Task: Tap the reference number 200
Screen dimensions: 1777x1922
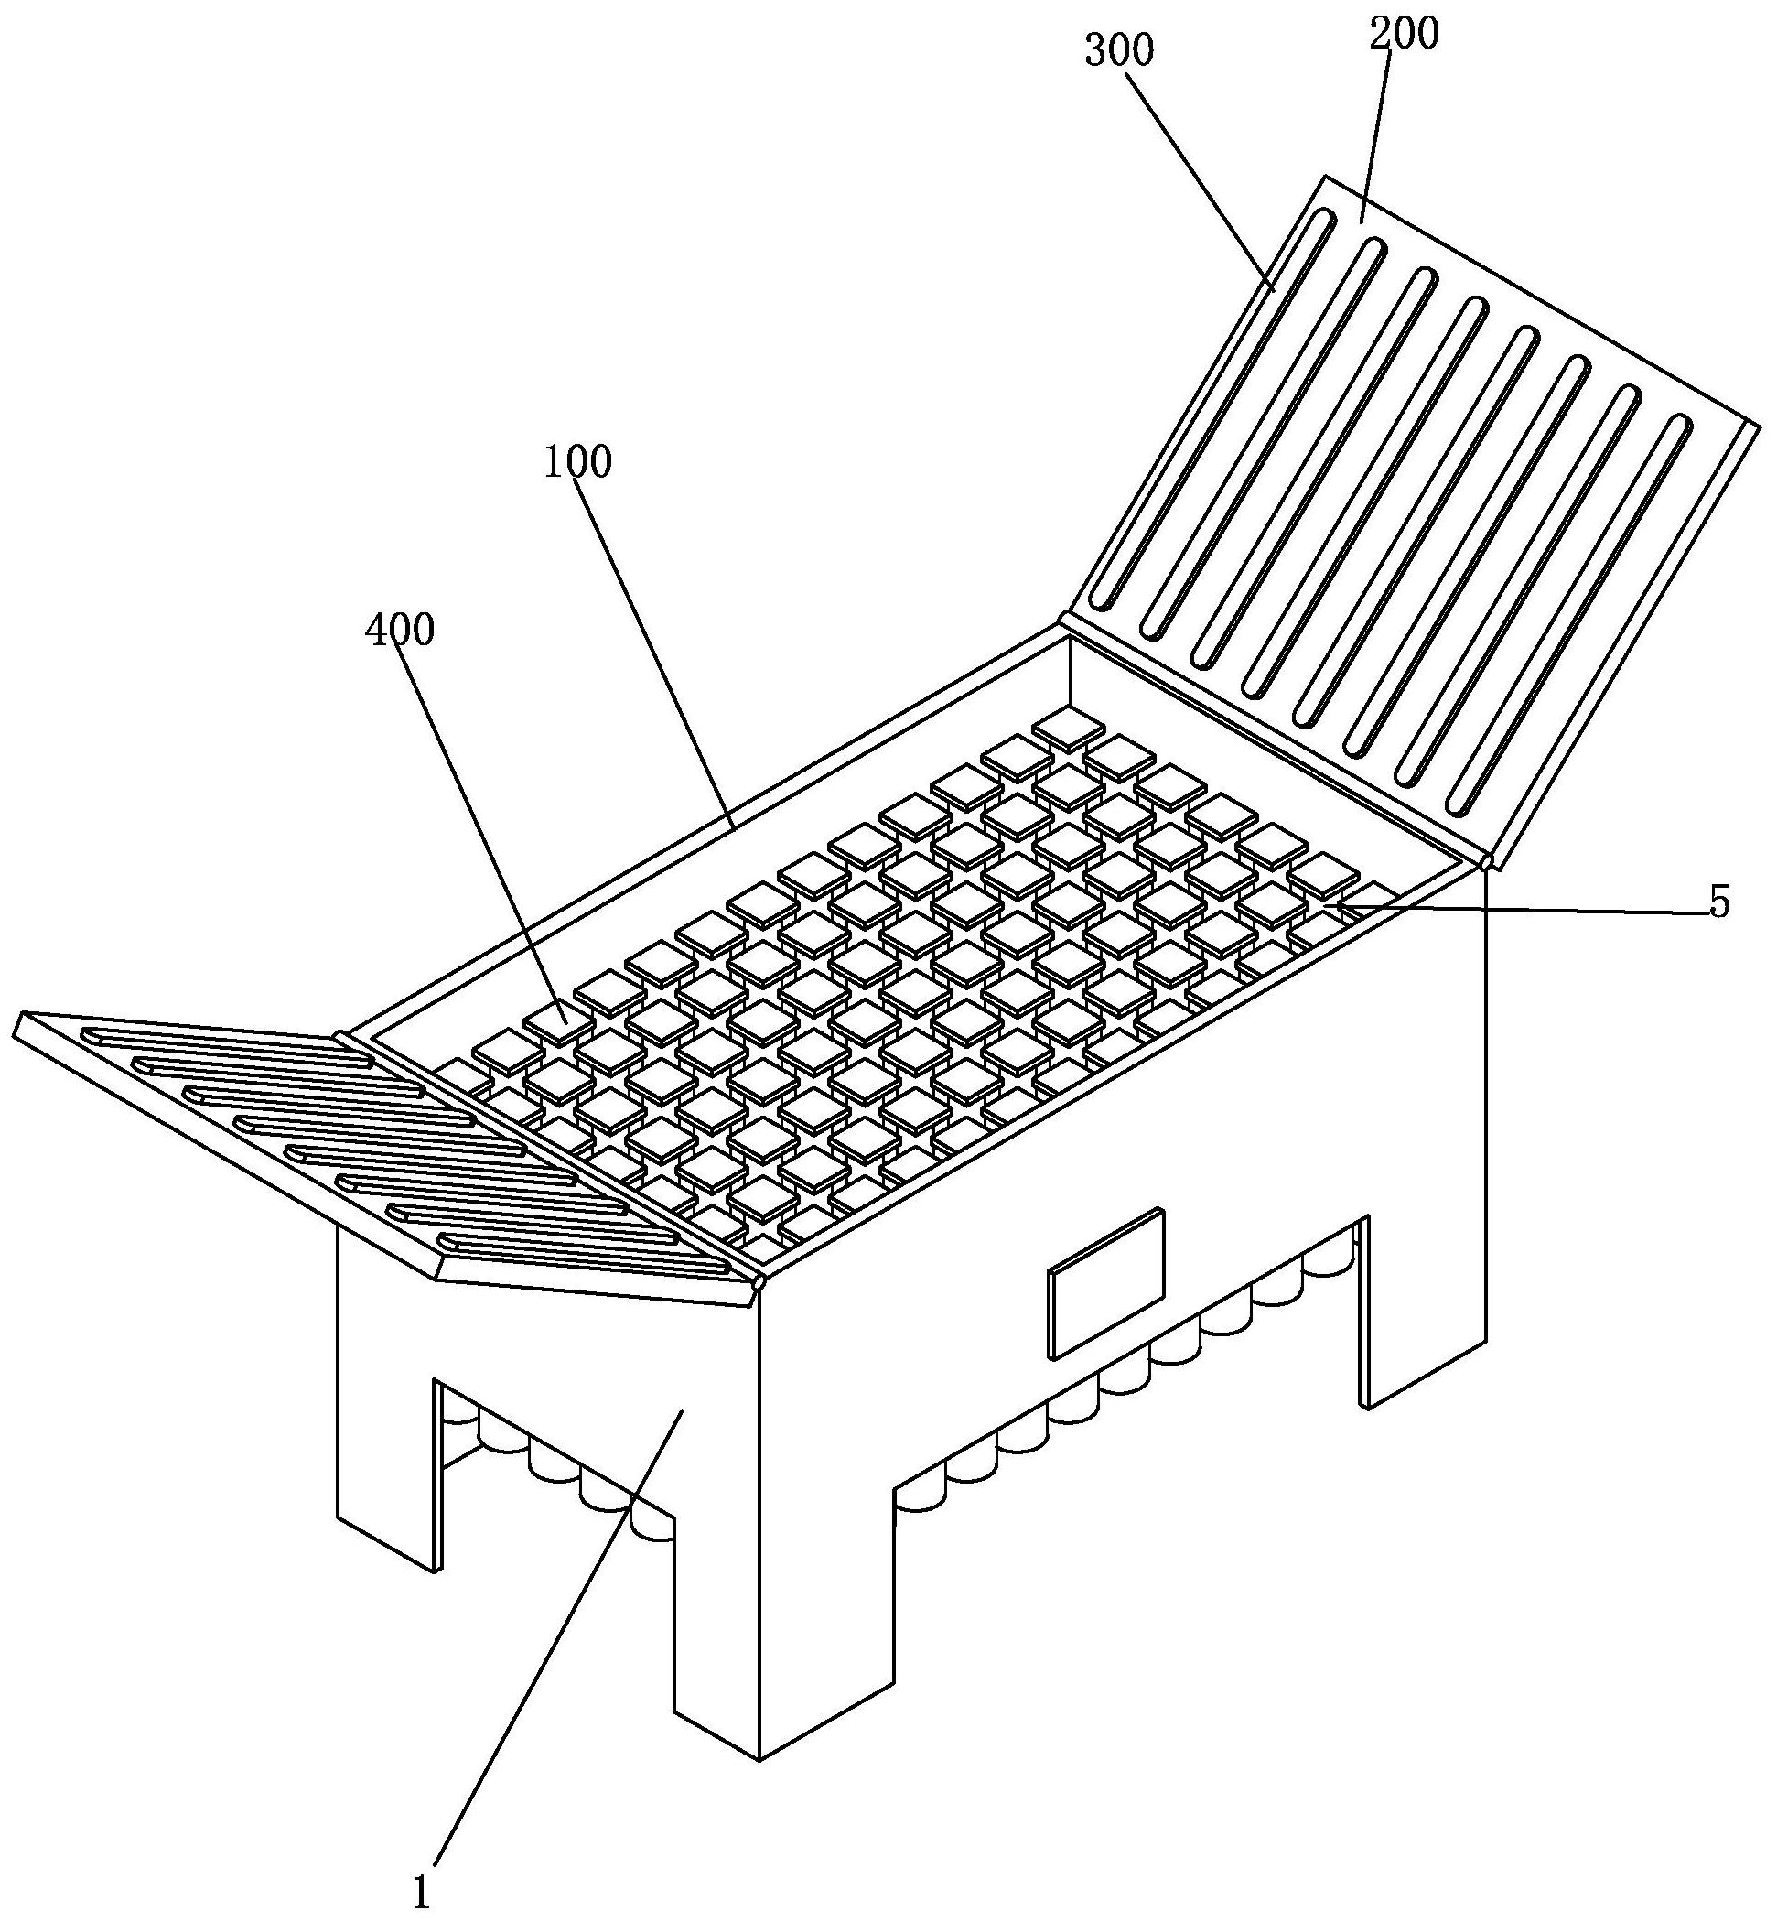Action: (1404, 35)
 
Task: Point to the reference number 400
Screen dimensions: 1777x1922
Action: (400, 630)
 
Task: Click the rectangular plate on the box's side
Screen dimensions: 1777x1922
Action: (1105, 1284)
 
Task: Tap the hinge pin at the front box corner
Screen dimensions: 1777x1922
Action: (759, 1282)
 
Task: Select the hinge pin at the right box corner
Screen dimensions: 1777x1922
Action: (1487, 860)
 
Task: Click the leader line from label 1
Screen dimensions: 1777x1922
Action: (559, 1644)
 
